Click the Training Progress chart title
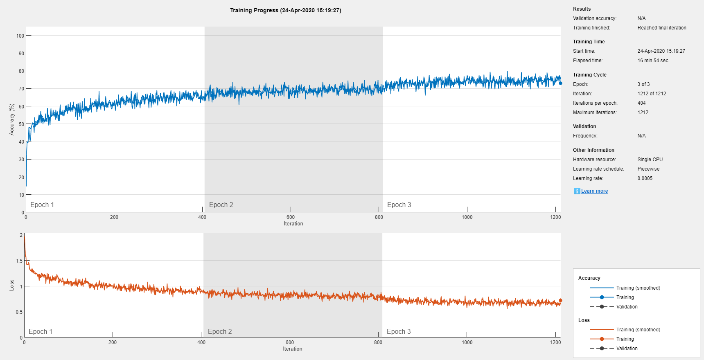(285, 10)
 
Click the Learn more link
(594, 191)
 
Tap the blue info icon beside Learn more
(577, 191)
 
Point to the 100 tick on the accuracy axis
(20, 36)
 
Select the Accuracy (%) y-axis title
(12, 119)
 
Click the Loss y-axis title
(12, 285)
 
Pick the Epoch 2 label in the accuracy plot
(221, 205)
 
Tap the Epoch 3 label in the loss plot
(399, 332)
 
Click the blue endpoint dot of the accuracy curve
(560, 83)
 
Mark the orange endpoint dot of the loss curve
(560, 301)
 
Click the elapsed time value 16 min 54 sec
(652, 61)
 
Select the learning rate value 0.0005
(645, 178)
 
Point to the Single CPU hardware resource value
(650, 160)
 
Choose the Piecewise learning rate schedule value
(648, 169)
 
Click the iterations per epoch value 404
(641, 103)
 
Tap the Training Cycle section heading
(589, 75)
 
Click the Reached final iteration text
(661, 28)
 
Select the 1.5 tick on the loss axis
(19, 261)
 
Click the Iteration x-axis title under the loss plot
(292, 349)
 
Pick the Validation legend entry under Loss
(627, 349)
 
